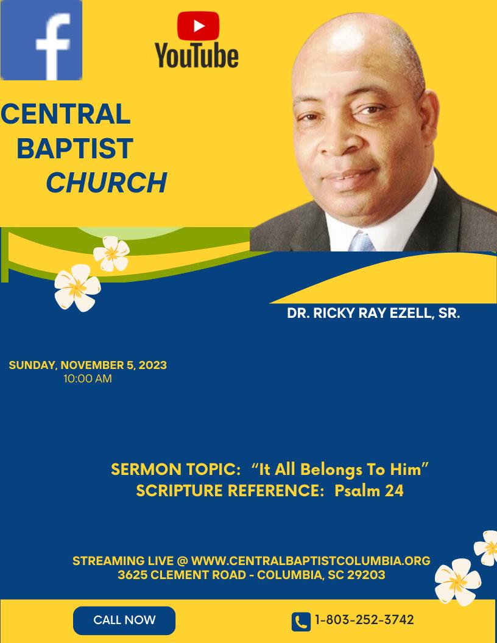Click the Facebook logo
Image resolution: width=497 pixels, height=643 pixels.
tap(41, 40)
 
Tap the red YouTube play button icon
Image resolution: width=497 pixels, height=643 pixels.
tap(198, 26)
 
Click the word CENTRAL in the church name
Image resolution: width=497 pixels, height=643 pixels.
tap(66, 114)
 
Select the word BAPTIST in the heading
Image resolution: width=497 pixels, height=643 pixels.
tap(75, 148)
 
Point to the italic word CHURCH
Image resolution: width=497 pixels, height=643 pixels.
tap(106, 183)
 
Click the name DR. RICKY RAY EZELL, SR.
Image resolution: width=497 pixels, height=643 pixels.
tap(373, 314)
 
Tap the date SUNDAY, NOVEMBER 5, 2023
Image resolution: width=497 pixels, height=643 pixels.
tap(88, 365)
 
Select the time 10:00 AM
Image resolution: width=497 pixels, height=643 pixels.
tap(88, 379)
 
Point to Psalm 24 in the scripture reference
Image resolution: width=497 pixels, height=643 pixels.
tap(369, 490)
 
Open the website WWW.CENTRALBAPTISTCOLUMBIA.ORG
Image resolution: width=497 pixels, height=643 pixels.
tap(311, 561)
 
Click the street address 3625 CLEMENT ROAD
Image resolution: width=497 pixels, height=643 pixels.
tap(182, 575)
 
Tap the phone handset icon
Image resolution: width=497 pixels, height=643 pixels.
tap(301, 622)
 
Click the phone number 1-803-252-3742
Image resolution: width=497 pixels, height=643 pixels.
tap(364, 620)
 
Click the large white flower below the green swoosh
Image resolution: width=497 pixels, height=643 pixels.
tap(77, 287)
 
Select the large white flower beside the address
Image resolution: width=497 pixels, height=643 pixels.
tap(457, 582)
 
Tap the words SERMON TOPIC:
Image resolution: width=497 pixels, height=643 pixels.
tap(175, 469)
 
